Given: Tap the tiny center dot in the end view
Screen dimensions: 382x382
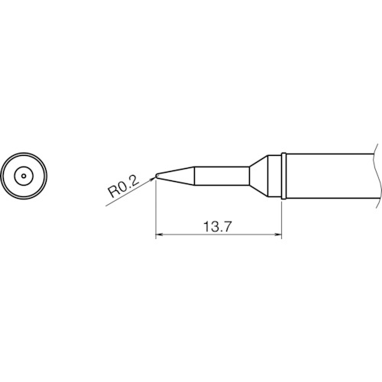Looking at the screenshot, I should (x=24, y=176).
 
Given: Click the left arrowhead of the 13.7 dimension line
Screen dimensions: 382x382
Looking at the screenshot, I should (x=159, y=235).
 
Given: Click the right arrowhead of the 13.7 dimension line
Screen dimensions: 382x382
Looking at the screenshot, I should (x=278, y=235).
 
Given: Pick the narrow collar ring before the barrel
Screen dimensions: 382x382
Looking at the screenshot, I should (x=283, y=176).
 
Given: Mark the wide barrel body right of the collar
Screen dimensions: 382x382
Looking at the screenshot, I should (x=329, y=176).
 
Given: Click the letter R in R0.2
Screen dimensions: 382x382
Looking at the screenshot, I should (x=111, y=192).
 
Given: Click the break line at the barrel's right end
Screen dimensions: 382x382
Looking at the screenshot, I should (x=377, y=176).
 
